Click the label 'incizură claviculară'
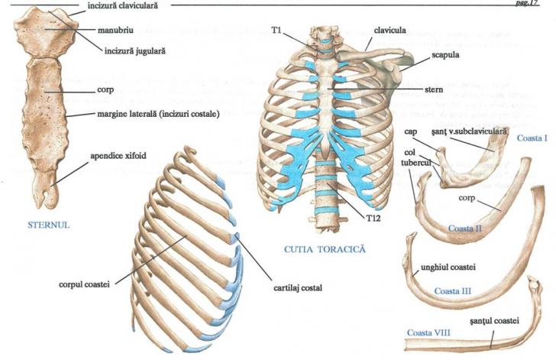coord(126,5)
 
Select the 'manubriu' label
coord(110,32)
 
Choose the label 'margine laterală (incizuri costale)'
coord(157,115)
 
